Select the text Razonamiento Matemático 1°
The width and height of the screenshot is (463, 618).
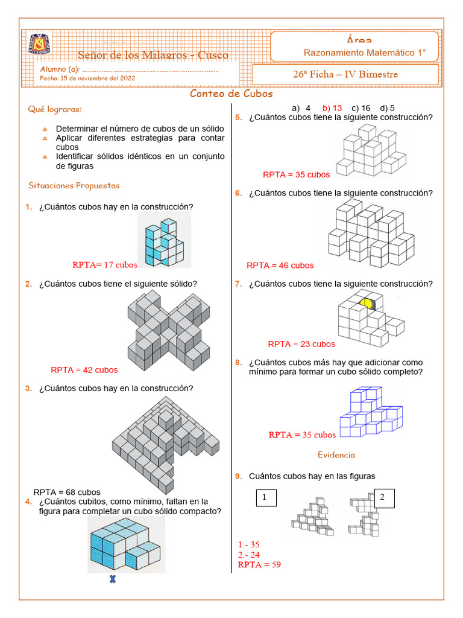(x=364, y=53)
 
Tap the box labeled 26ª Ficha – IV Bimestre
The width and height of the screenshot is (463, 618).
(x=345, y=74)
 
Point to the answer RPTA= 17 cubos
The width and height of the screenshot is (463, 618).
(x=104, y=264)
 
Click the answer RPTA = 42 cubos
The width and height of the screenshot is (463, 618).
(x=84, y=370)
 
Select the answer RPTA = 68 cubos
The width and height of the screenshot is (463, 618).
(x=67, y=492)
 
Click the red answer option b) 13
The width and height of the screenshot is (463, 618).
(x=332, y=108)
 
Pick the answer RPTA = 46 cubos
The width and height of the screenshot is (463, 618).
(x=280, y=265)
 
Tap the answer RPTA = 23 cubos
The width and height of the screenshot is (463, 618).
(x=301, y=344)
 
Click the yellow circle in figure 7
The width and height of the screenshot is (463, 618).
(x=366, y=303)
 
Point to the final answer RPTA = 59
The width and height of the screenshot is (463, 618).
(x=259, y=565)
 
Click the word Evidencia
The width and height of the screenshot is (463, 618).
(x=336, y=455)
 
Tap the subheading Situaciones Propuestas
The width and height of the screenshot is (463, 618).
(x=74, y=185)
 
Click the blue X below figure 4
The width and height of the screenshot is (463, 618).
(x=112, y=581)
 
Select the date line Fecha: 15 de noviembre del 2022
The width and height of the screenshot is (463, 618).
(x=87, y=78)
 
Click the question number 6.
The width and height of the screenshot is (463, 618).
(x=238, y=193)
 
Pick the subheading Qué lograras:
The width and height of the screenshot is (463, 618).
(x=55, y=109)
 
